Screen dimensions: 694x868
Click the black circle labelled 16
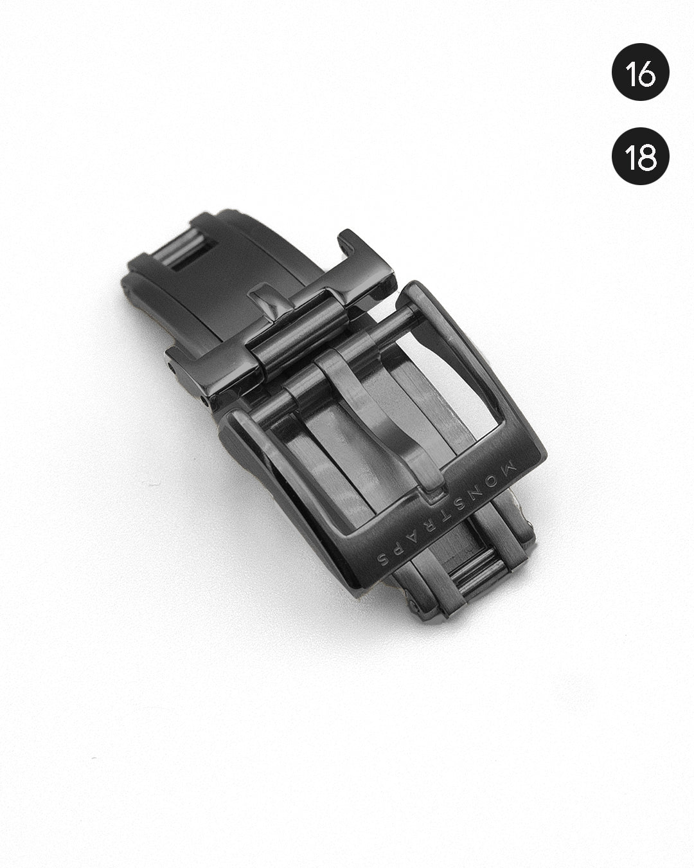641,72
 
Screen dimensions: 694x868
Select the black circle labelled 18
641,156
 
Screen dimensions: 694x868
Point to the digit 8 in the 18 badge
648,156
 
